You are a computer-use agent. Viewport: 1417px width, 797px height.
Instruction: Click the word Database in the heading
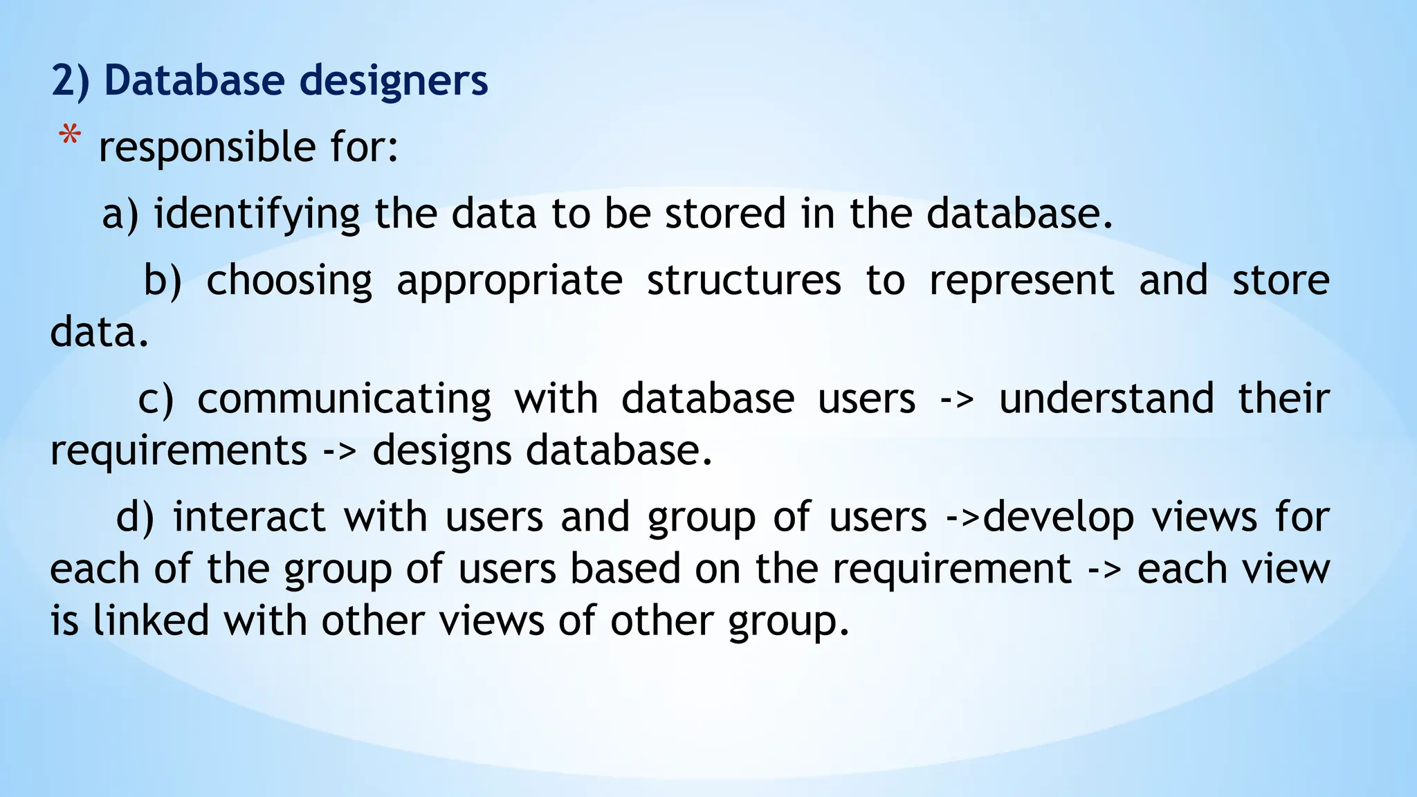tap(194, 80)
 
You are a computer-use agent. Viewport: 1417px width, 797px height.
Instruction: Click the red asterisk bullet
tap(69, 136)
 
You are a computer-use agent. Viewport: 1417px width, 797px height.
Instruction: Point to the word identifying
tap(257, 214)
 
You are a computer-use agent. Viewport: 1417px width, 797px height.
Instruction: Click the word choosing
tap(289, 281)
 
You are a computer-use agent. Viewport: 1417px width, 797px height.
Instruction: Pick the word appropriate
tap(509, 281)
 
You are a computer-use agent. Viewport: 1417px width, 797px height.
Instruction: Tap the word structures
tap(744, 281)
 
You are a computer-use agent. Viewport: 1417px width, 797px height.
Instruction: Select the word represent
tap(1021, 281)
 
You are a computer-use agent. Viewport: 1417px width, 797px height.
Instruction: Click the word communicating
tap(344, 399)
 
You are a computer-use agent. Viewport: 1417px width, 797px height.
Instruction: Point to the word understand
tap(1106, 399)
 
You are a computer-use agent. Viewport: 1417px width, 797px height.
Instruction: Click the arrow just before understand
tap(957, 399)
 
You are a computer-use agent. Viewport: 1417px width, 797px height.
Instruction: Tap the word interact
tap(249, 517)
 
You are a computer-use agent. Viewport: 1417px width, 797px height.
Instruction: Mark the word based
tap(625, 569)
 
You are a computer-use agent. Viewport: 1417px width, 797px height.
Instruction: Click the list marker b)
tap(163, 281)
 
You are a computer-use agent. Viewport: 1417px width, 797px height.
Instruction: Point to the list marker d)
tap(135, 517)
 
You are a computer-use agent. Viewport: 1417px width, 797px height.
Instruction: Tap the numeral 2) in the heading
tap(71, 80)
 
